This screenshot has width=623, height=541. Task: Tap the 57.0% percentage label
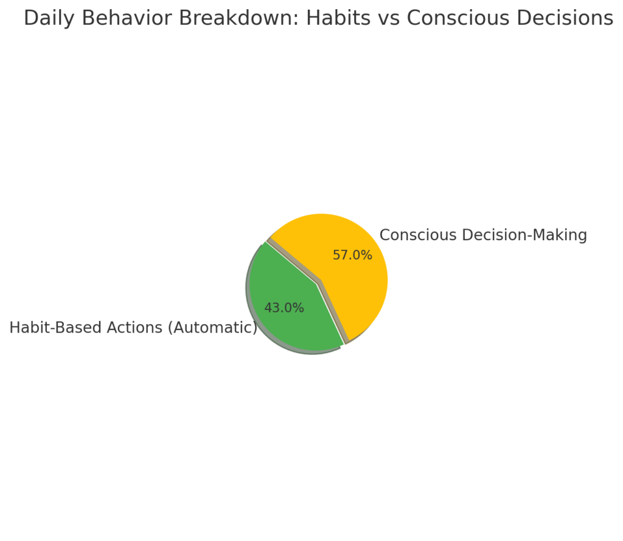[x=352, y=255]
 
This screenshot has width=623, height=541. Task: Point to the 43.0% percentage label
[x=284, y=308]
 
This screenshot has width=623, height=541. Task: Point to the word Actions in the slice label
[x=134, y=328]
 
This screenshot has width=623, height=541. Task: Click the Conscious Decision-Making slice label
[x=483, y=235]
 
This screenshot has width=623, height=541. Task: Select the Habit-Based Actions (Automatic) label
[x=133, y=328]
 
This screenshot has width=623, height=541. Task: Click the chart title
[x=319, y=19]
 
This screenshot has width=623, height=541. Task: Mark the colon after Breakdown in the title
[x=297, y=21]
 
